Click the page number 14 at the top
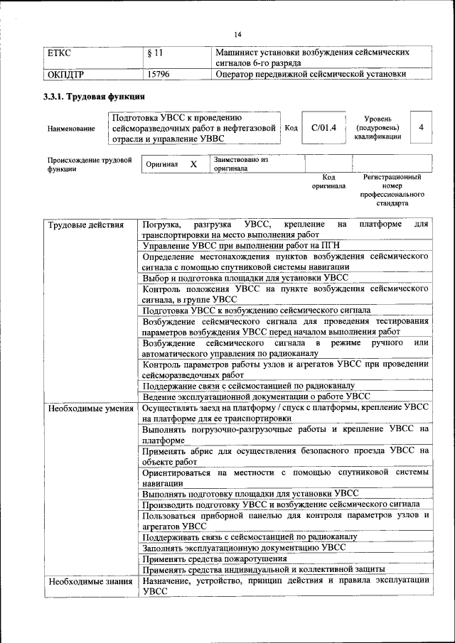(238, 35)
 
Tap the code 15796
(158, 73)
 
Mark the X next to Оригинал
(193, 164)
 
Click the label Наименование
(71, 129)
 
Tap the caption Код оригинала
(328, 181)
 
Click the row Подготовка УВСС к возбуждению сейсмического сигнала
(256, 310)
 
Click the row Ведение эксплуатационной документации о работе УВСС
(256, 396)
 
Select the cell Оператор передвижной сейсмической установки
(311, 73)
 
